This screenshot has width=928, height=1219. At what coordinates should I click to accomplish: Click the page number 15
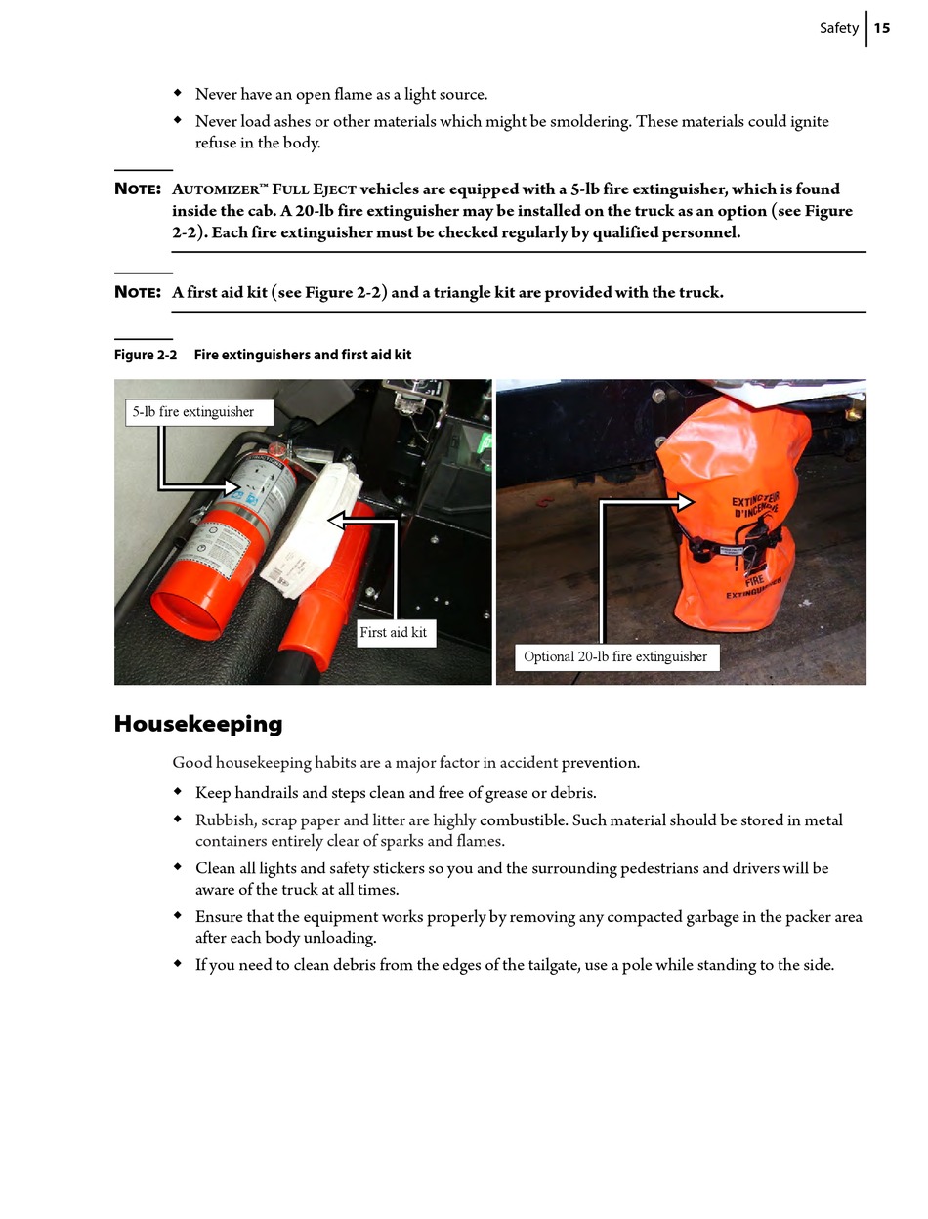click(882, 28)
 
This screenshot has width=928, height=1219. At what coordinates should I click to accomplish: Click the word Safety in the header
click(838, 28)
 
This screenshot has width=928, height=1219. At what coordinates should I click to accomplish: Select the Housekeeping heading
click(198, 724)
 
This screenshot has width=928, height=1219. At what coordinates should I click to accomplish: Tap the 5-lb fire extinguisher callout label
click(193, 412)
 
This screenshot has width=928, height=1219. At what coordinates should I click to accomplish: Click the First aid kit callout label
click(393, 632)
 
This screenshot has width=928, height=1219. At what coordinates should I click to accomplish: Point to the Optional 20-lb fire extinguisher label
click(615, 656)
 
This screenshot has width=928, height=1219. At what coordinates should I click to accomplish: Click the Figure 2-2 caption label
click(146, 355)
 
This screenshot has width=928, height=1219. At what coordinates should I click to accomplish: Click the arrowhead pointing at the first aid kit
click(337, 520)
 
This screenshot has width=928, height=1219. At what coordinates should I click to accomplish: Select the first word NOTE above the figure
click(137, 189)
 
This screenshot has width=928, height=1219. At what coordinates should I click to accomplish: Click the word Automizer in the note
click(214, 189)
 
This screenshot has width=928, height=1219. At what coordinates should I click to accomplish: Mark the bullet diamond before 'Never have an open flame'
click(178, 94)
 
